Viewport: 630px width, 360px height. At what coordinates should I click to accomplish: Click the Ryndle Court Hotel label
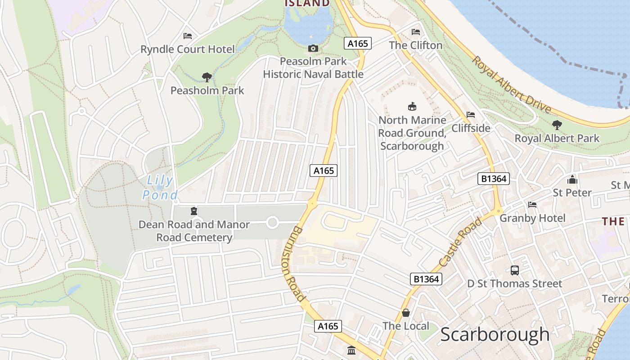pos(188,49)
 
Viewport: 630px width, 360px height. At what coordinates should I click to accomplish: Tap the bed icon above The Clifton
pos(416,32)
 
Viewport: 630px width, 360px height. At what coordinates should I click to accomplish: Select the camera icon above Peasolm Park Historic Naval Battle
pos(313,48)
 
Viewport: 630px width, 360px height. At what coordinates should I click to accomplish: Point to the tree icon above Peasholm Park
pos(207,77)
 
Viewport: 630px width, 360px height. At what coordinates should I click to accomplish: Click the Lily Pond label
pos(160,188)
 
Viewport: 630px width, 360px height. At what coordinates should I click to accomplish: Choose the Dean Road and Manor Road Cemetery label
pos(194,231)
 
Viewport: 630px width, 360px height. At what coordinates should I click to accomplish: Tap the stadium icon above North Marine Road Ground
pos(412,107)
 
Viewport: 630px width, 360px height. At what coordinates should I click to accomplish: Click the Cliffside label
pos(471,128)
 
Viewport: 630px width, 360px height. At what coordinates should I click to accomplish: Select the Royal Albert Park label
pos(557,138)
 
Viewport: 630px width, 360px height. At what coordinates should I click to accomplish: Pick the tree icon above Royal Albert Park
pos(557,125)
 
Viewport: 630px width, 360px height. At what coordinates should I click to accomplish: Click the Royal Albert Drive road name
pos(512,85)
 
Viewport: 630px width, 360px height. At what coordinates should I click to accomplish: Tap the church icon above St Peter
pos(572,180)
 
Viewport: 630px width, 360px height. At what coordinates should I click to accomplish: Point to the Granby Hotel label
pos(533,218)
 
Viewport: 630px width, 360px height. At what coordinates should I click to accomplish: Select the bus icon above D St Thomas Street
pos(515,270)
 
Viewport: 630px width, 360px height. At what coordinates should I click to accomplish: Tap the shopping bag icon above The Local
pos(406,313)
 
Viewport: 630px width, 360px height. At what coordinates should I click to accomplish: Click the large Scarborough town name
pos(495,335)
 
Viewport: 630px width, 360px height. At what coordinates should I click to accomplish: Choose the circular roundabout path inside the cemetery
pos(272,222)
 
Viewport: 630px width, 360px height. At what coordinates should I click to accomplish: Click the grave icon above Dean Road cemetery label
pos(194,211)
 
